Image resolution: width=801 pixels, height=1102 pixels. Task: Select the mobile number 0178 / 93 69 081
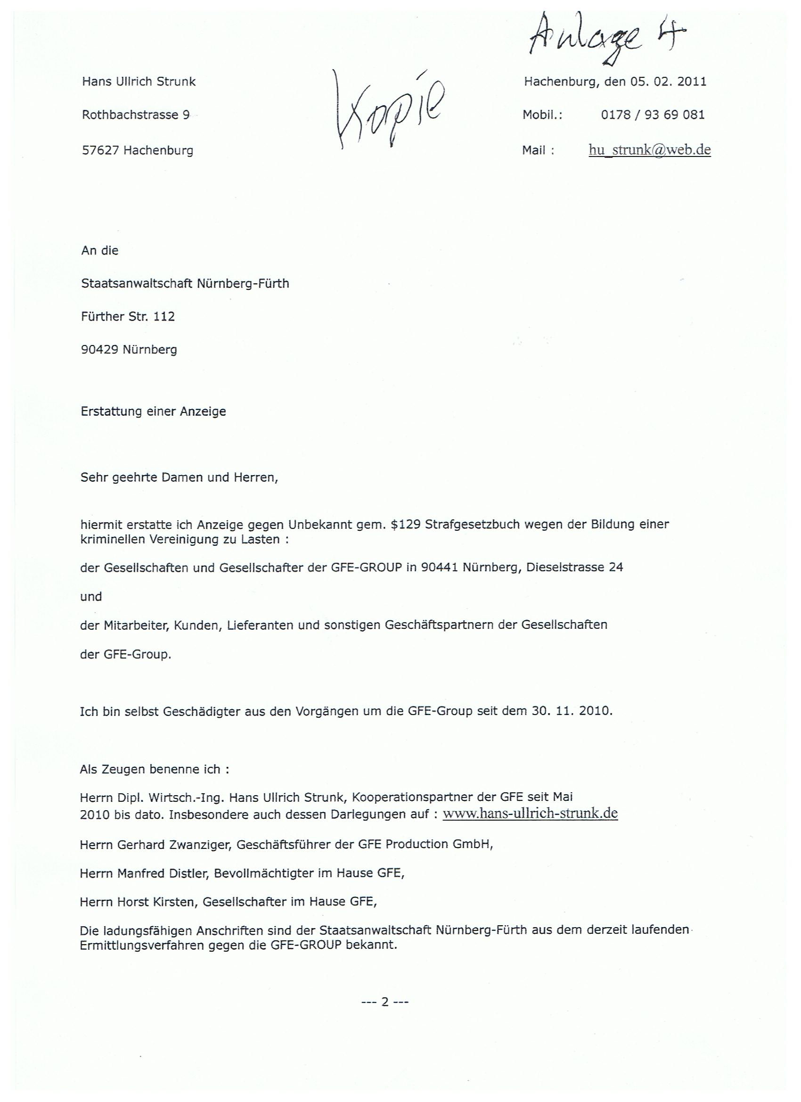(653, 115)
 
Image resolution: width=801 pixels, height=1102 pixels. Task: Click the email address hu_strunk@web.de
(649, 150)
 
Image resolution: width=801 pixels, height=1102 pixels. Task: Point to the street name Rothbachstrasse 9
(136, 115)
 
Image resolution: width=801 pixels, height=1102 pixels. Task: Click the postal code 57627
(100, 151)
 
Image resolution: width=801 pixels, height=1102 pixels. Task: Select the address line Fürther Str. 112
(128, 317)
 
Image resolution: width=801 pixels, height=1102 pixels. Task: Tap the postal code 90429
(99, 349)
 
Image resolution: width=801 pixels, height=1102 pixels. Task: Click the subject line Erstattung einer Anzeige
(153, 411)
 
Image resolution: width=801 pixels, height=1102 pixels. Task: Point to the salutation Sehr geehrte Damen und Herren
(179, 477)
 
